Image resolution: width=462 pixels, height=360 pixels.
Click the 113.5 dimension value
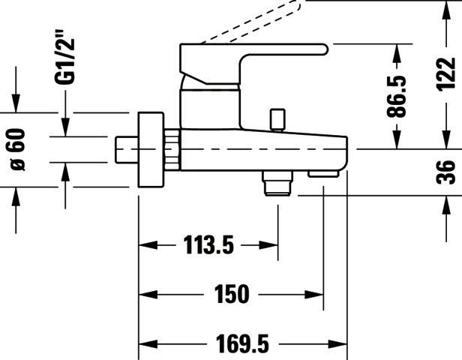click(208, 244)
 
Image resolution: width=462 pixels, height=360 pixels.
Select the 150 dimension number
click(232, 294)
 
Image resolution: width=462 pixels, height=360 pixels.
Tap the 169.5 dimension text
click(242, 343)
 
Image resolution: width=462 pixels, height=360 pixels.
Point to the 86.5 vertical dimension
click(396, 96)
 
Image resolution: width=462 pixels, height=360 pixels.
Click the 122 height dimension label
click(445, 74)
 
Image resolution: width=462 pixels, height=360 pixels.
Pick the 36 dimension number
click(445, 172)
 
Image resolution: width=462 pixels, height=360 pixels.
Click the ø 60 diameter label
click(18, 150)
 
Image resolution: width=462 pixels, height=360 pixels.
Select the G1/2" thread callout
click(64, 61)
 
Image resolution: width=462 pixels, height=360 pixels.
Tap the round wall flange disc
click(151, 150)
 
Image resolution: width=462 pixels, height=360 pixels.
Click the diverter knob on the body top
click(277, 119)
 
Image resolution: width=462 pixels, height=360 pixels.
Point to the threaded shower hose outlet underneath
click(278, 183)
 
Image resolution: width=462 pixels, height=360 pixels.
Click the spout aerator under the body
click(323, 174)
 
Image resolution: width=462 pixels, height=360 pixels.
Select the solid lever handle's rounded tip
click(324, 49)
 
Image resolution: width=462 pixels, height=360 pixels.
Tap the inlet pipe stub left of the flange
click(127, 149)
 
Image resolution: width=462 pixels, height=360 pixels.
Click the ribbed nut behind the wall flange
click(172, 150)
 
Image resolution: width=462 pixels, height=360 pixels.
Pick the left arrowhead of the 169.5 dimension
click(148, 343)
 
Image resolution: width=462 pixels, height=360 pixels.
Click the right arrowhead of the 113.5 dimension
click(268, 244)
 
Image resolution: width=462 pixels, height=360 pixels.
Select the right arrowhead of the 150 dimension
click(314, 294)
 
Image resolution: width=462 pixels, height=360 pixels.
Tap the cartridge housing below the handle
click(210, 109)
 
